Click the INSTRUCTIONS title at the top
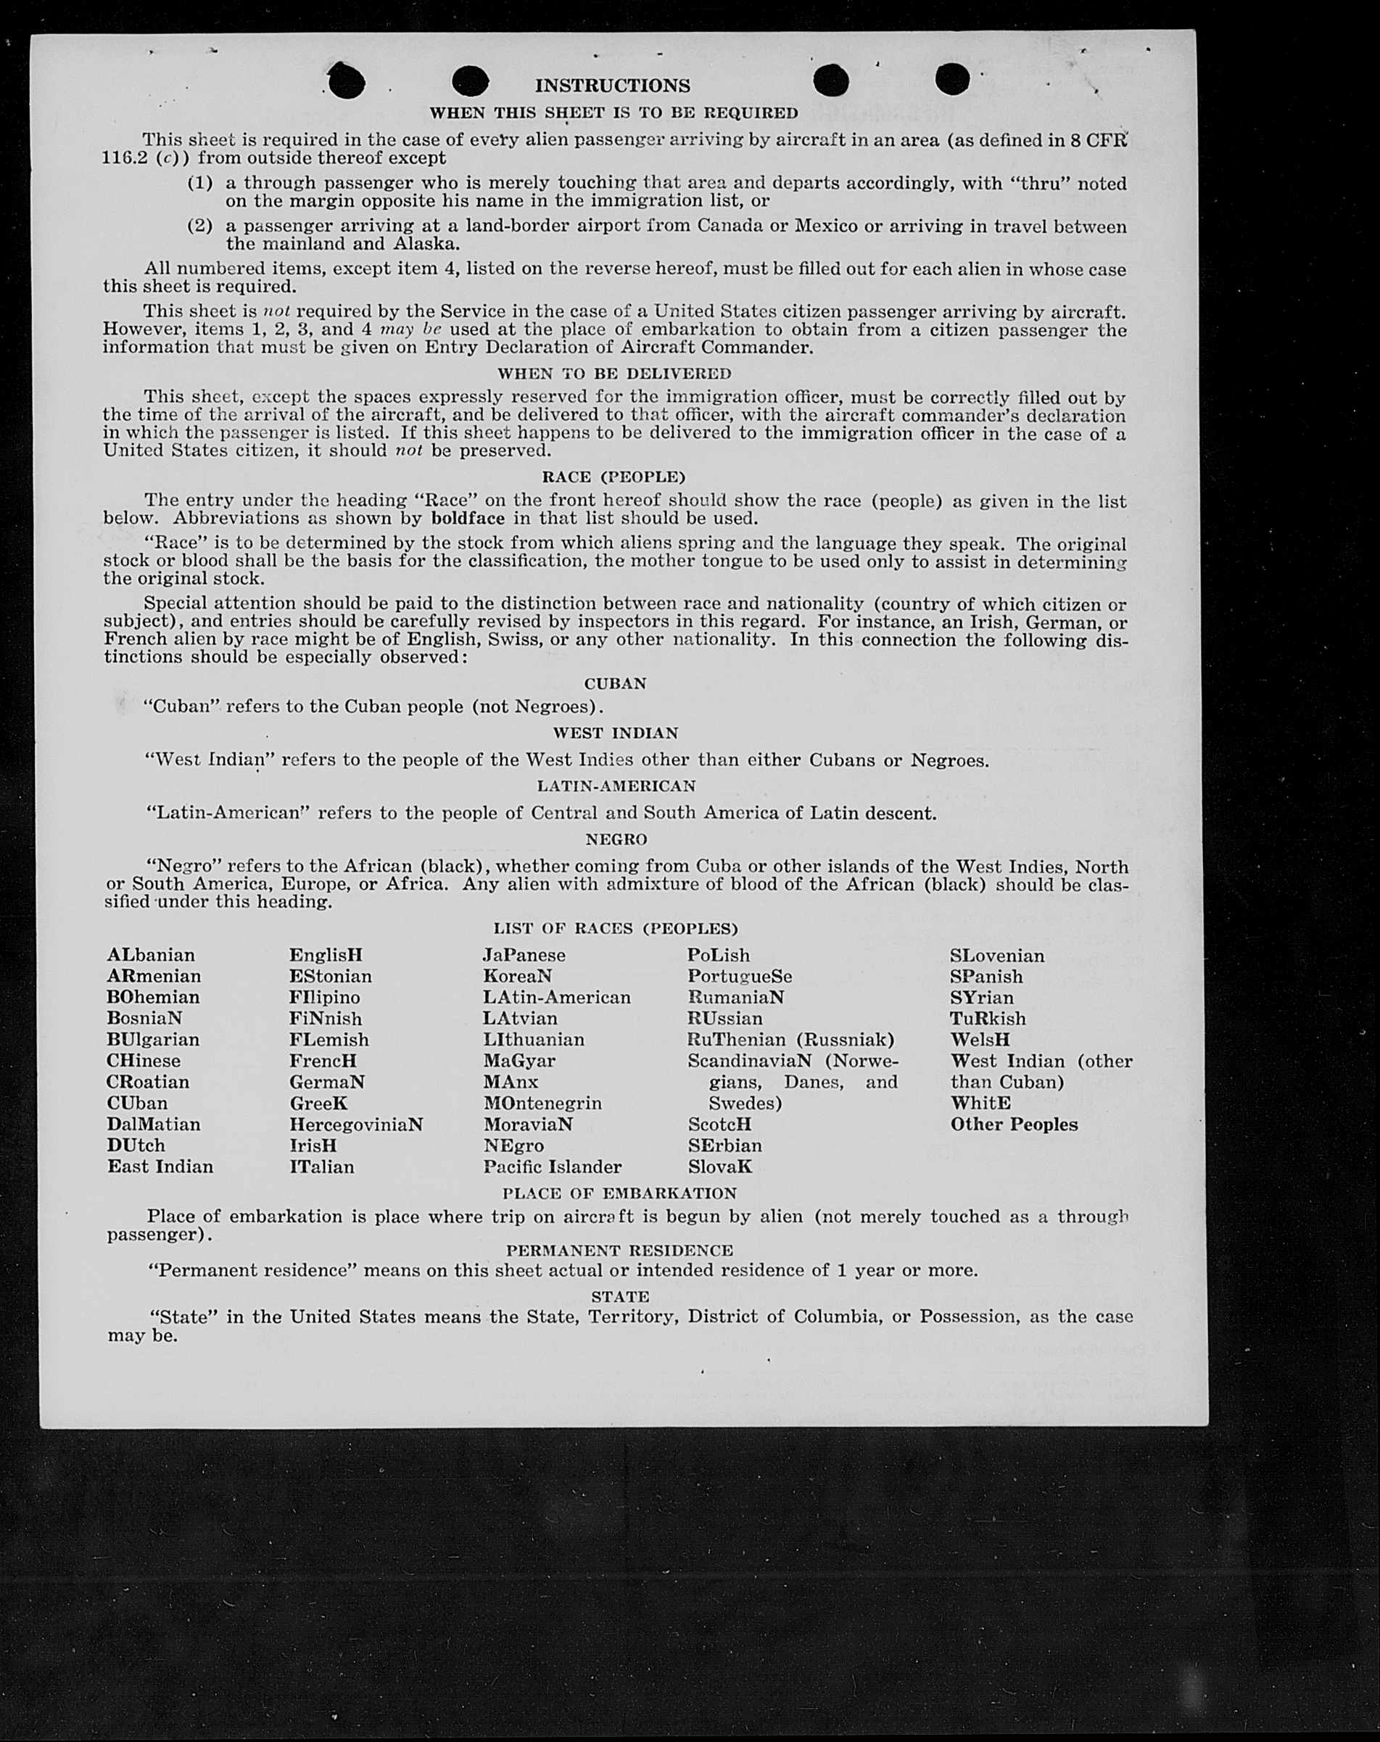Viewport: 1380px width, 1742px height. coord(612,86)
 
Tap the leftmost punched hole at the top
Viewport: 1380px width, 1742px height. coord(347,81)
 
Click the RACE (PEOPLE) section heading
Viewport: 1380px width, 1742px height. coord(613,477)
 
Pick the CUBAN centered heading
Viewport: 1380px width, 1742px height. coord(615,683)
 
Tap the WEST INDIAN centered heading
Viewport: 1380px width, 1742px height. coord(615,733)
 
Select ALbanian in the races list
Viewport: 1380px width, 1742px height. coord(151,955)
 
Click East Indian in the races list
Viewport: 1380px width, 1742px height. coord(161,1166)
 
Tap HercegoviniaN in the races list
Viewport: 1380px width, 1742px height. coord(356,1124)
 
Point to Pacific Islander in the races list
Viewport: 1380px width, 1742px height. coord(553,1167)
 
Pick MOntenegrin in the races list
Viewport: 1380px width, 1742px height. coord(542,1103)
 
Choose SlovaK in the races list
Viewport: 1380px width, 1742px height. coord(719,1167)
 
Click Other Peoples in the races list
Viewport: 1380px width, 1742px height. coord(1013,1124)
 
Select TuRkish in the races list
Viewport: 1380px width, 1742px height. coord(988,1018)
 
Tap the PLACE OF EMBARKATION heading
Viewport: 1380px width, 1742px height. coord(619,1193)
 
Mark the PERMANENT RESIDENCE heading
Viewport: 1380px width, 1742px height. coord(619,1250)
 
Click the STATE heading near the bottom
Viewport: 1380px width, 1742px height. coord(620,1296)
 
